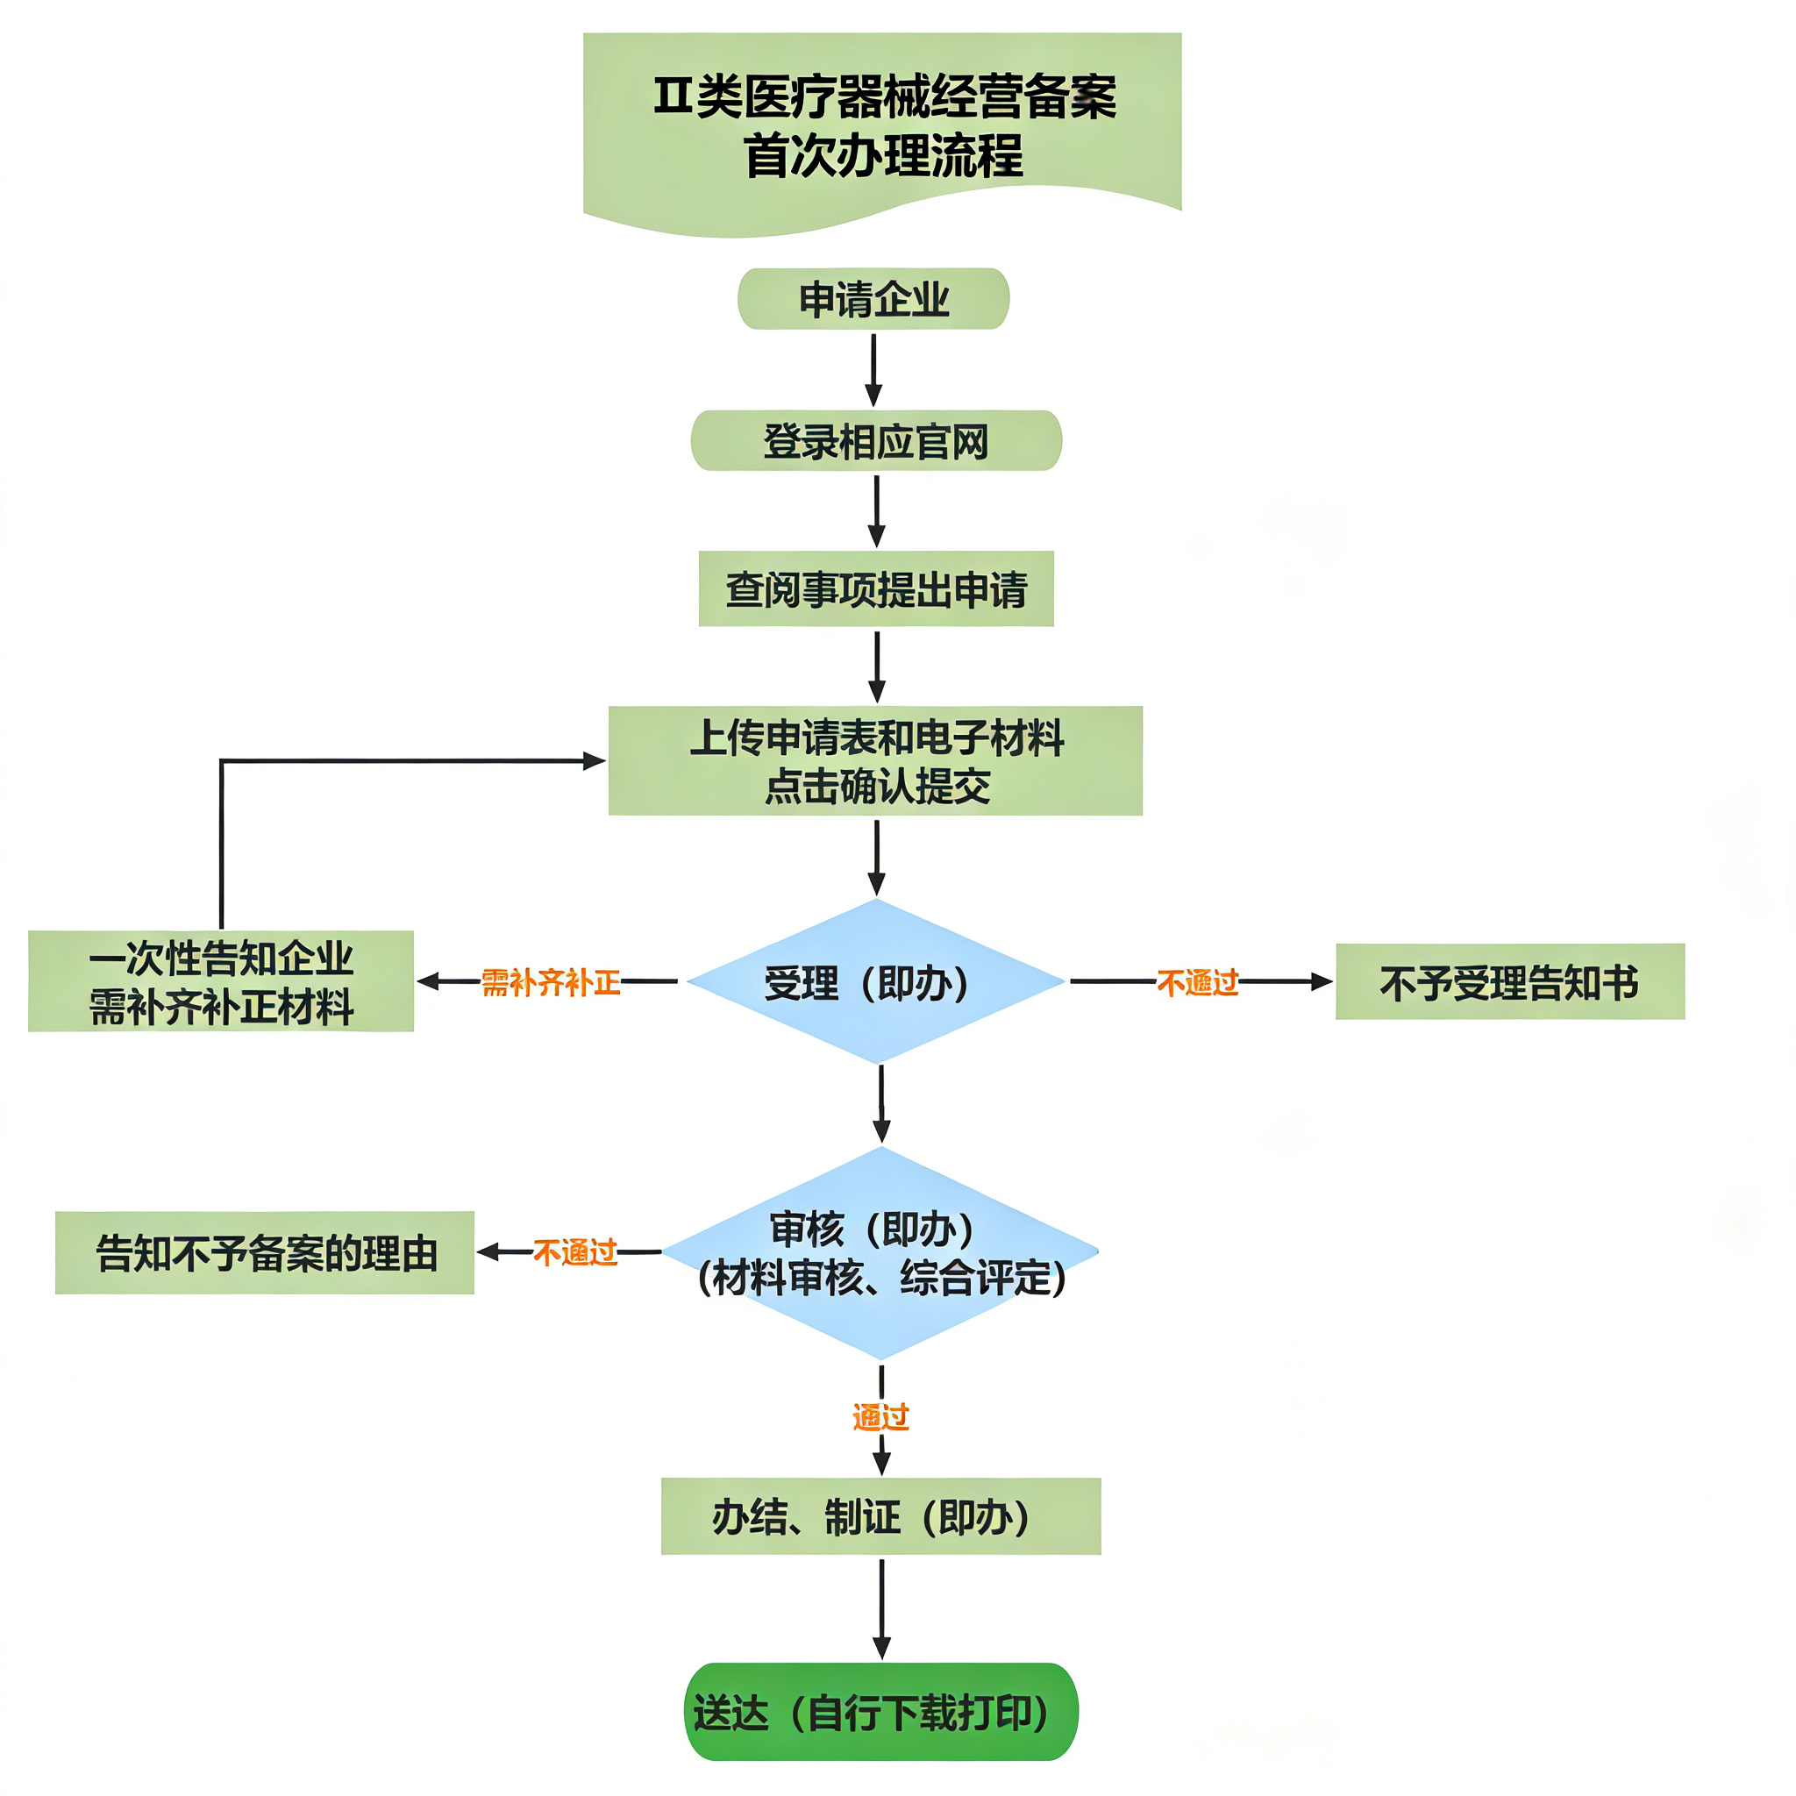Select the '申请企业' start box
(x=873, y=299)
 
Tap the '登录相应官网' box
(x=876, y=440)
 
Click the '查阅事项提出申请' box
(x=876, y=588)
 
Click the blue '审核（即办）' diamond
(x=880, y=1252)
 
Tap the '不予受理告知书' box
(x=1510, y=981)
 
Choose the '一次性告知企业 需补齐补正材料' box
(x=220, y=980)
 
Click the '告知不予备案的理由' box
(x=265, y=1252)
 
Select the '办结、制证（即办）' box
(x=880, y=1516)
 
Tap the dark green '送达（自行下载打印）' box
(x=880, y=1712)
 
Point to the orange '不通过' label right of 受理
(x=1197, y=981)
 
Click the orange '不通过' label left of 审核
(x=574, y=1252)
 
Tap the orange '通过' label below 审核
(x=880, y=1417)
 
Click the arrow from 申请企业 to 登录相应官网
(x=873, y=369)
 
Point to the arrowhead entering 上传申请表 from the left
(x=593, y=760)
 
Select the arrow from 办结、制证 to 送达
(x=881, y=1607)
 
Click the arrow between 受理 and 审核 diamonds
(x=881, y=1103)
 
